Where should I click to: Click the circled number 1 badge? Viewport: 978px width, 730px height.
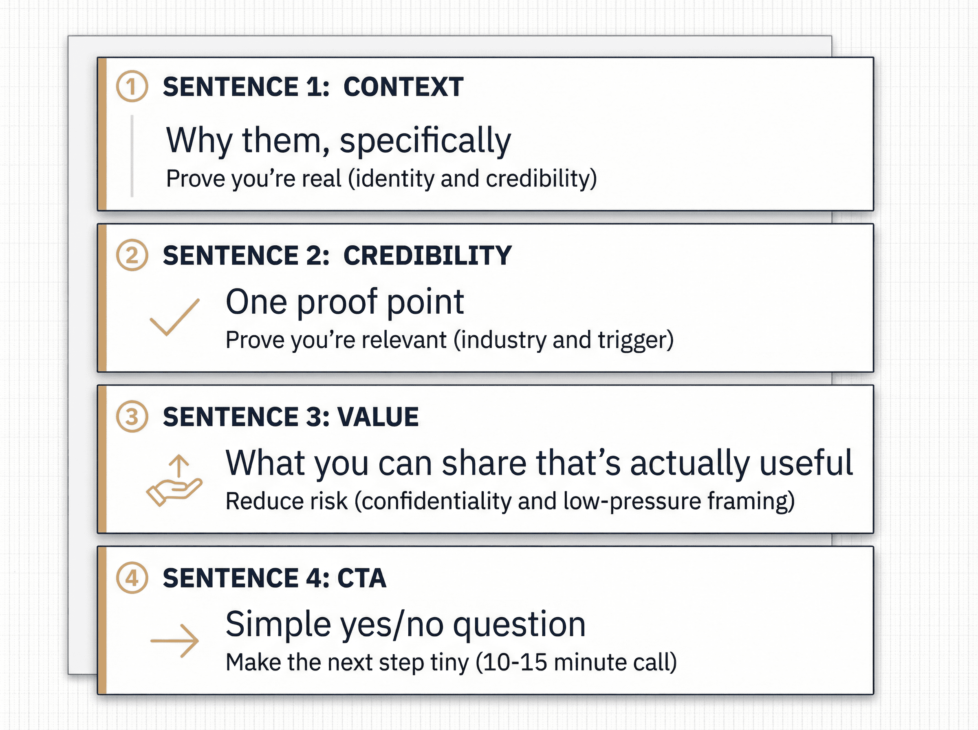click(x=132, y=86)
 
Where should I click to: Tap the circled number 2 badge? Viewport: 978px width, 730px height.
click(x=132, y=255)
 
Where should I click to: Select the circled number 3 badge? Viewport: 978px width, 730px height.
click(x=132, y=416)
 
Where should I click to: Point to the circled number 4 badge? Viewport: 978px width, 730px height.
click(x=132, y=578)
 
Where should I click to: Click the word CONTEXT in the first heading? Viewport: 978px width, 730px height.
click(x=403, y=87)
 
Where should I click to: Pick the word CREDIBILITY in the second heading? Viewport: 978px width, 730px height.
click(x=427, y=255)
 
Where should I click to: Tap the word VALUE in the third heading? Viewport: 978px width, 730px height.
click(x=378, y=417)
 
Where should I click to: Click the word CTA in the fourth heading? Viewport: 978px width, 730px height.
click(x=362, y=578)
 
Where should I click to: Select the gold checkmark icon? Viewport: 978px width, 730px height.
click(x=174, y=317)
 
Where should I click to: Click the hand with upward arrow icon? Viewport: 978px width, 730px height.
click(x=174, y=480)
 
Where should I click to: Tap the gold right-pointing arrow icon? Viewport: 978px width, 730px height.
click(x=174, y=641)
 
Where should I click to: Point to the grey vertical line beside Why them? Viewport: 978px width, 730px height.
click(x=132, y=156)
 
